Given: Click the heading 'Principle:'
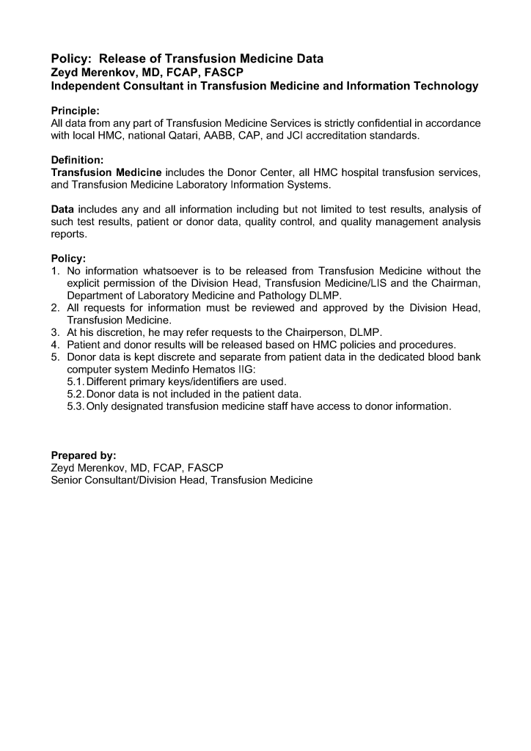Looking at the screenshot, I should point(76,111).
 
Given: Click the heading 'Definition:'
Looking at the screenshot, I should point(77,159).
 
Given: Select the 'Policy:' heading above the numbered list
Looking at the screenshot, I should point(68,259).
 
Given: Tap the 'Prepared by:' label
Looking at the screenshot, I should point(84,455).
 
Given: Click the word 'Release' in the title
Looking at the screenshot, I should point(129,59).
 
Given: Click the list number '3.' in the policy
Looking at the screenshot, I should point(55,332).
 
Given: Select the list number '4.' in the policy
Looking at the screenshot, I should point(55,345).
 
